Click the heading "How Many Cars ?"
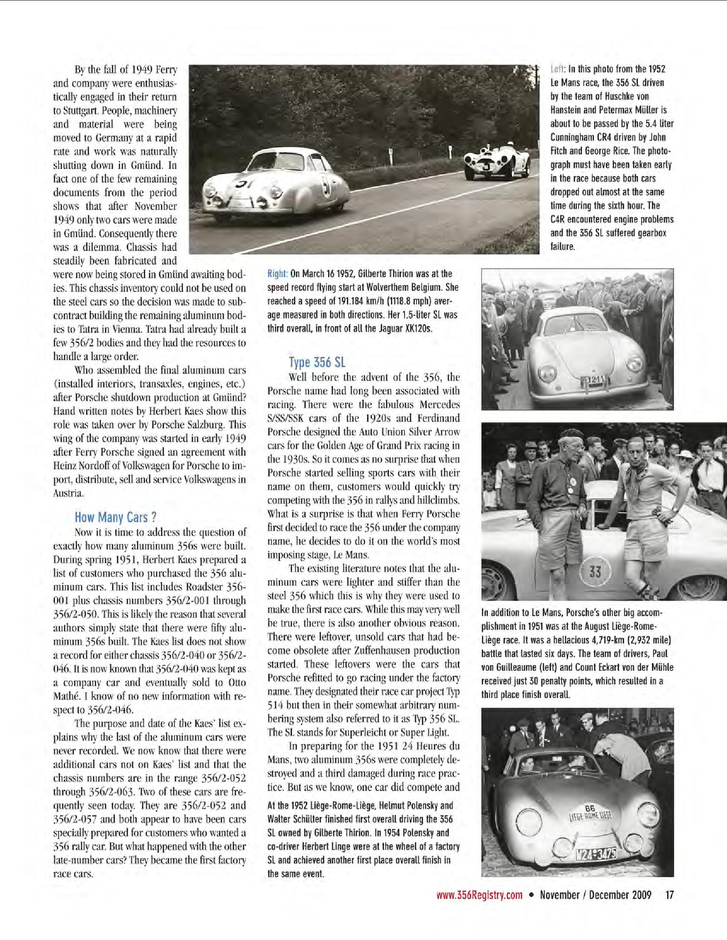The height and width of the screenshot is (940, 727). [x=115, y=517]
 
